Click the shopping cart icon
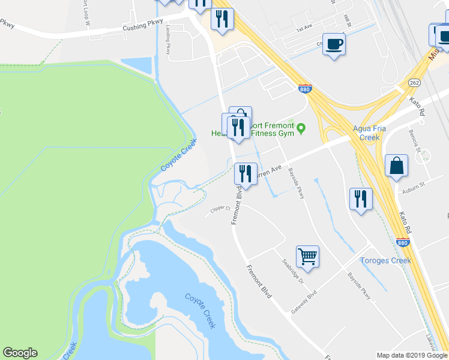[307, 256]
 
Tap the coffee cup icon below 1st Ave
[334, 43]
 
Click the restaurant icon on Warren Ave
[246, 174]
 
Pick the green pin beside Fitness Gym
[301, 127]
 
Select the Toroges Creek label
[385, 260]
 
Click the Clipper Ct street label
[220, 209]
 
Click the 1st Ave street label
[304, 28]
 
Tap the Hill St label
[346, 21]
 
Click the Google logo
[20, 353]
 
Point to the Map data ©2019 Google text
[412, 355]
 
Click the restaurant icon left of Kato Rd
[360, 198]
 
